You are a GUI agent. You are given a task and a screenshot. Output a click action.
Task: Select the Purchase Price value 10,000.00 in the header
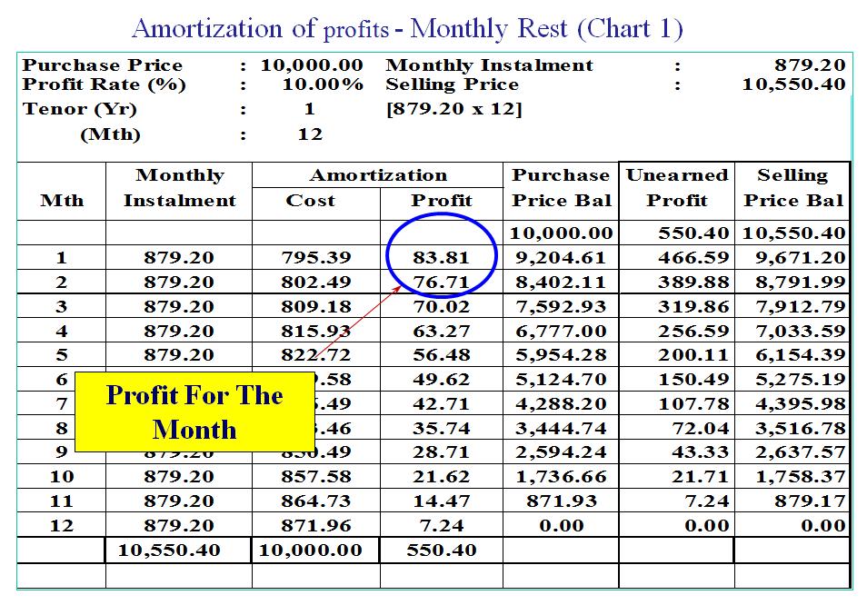click(x=311, y=65)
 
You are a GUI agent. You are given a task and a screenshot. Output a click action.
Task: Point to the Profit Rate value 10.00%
click(x=322, y=84)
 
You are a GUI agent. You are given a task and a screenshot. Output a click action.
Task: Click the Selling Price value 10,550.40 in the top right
click(x=794, y=84)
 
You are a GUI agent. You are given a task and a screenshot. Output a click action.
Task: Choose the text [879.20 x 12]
click(x=453, y=109)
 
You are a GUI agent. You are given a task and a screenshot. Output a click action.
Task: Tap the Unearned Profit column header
click(x=677, y=187)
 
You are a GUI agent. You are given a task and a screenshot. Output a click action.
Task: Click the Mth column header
click(x=62, y=200)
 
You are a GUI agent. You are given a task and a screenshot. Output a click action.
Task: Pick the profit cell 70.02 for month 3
click(x=441, y=306)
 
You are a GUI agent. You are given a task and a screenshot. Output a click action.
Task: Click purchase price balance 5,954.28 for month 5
click(x=561, y=354)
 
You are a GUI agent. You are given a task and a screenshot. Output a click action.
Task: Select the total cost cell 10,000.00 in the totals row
click(x=311, y=550)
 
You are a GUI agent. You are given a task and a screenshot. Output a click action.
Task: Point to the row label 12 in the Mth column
click(x=62, y=525)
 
